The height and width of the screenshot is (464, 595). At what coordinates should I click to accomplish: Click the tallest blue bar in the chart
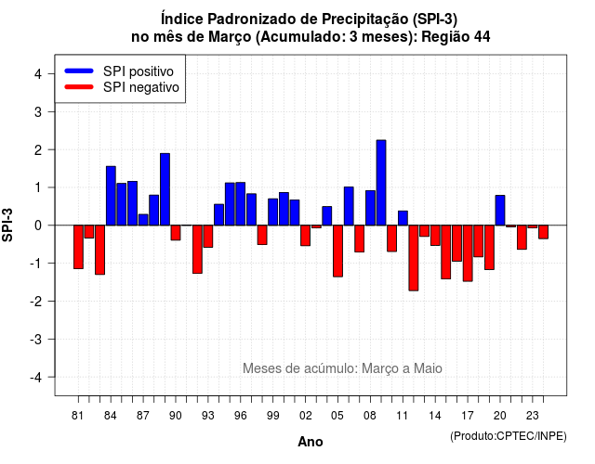381,183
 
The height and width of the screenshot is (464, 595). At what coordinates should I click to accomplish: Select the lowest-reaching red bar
414,258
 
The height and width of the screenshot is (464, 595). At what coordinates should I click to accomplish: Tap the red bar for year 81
78,247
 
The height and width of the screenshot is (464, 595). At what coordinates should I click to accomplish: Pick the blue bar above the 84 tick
111,196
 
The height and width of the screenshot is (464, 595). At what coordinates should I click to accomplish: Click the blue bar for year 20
500,211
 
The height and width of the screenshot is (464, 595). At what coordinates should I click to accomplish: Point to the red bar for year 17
468,253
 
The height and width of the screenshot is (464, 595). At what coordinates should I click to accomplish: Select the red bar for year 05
337,251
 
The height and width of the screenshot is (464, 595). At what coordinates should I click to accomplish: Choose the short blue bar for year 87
143,220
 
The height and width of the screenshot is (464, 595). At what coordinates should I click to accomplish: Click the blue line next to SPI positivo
79,71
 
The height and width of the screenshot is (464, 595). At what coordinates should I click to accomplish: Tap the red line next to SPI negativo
79,87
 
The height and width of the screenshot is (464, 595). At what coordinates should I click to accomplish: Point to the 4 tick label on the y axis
38,74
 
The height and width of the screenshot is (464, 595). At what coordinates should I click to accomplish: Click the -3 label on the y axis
36,339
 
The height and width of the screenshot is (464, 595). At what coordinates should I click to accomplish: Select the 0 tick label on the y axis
38,226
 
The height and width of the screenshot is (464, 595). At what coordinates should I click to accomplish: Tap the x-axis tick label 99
272,416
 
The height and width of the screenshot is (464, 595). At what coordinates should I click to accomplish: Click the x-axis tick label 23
533,416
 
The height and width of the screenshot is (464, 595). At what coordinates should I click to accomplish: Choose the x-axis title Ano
311,442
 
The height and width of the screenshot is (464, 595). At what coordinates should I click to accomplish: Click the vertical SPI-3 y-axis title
7,225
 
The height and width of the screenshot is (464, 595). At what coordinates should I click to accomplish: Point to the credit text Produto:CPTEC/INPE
509,436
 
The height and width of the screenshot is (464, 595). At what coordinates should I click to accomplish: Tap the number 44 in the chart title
482,37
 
